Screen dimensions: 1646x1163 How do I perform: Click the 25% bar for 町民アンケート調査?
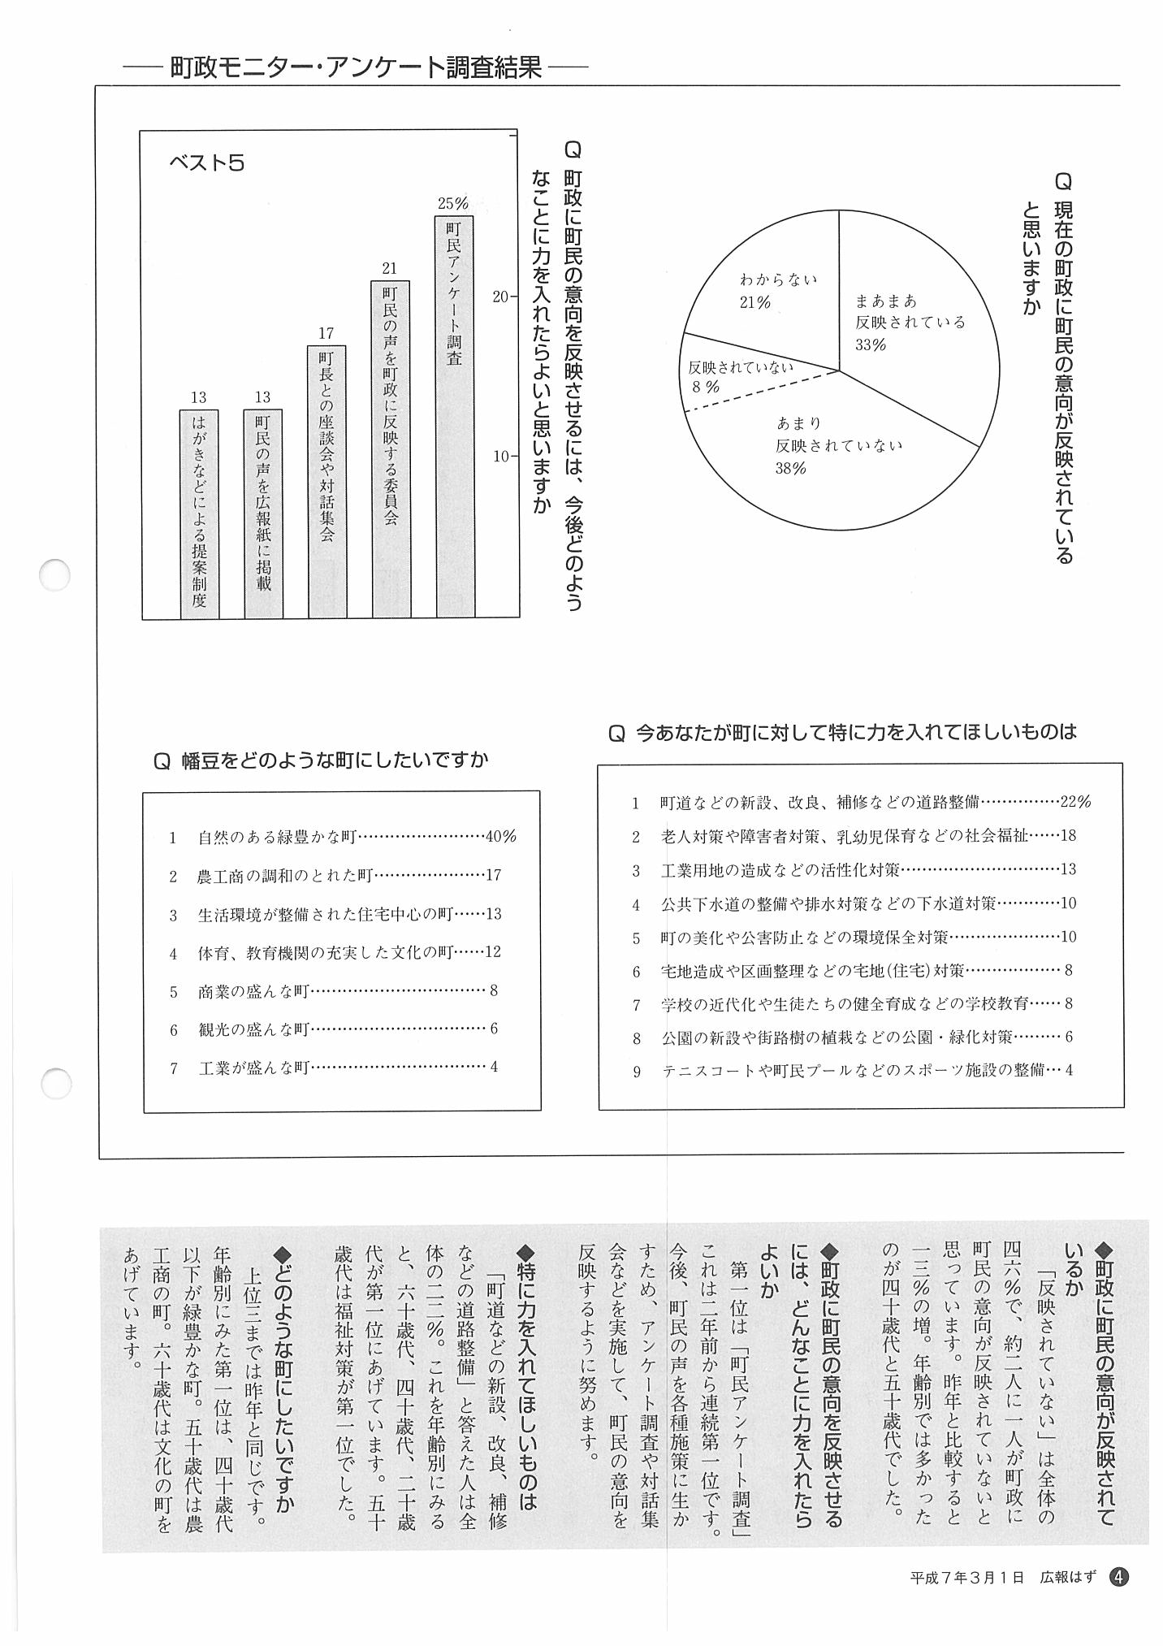tap(454, 414)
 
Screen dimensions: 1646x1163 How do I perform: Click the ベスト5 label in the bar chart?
tap(206, 163)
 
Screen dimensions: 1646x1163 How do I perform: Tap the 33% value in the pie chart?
tap(870, 344)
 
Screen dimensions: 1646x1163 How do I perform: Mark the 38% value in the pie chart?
tap(790, 469)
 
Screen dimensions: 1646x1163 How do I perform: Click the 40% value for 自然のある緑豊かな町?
tap(500, 837)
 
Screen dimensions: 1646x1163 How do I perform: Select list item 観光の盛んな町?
tap(253, 1029)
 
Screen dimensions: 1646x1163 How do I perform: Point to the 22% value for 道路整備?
tap(1075, 802)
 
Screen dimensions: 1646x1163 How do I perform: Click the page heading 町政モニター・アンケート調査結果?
tap(356, 67)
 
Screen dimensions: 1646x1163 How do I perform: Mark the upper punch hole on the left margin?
tap(55, 575)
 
